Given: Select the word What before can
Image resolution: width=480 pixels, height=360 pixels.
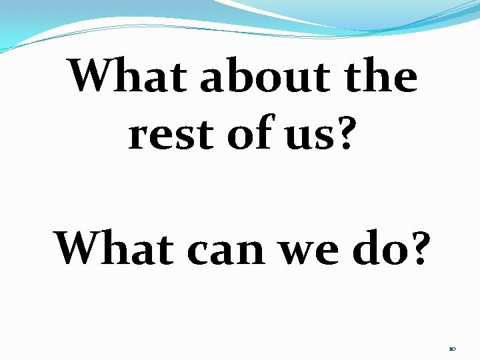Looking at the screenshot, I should tap(116, 248).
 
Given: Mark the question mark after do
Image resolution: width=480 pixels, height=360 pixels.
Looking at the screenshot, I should tap(415, 248).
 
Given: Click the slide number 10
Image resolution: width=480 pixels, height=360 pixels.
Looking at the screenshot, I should tap(452, 349).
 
